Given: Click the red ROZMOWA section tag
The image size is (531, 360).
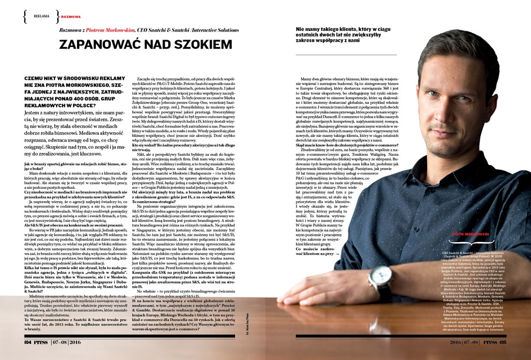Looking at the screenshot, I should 71,17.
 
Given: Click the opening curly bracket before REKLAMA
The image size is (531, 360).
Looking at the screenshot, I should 25,17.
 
